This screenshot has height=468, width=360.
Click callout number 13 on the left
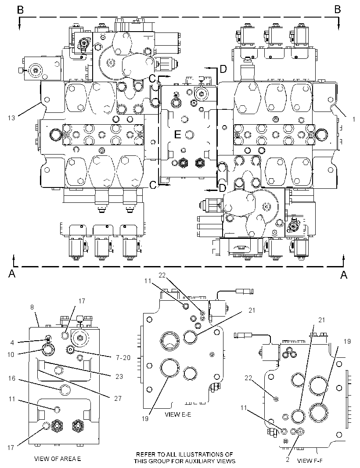(11, 118)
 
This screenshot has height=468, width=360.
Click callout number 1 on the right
(354, 119)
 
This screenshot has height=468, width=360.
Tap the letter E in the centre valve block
(178, 135)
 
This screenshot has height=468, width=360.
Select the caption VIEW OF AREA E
(58, 459)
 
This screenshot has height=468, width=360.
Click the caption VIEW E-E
(178, 414)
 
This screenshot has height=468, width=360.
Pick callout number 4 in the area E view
(12, 343)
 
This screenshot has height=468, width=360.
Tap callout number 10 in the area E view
(11, 355)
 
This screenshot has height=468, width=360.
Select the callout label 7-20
(122, 357)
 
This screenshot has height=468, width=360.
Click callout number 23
(119, 377)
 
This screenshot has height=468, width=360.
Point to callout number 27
(118, 399)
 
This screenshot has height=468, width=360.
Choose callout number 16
(12, 379)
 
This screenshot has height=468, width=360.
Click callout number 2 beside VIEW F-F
(288, 460)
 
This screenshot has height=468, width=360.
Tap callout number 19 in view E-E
(145, 419)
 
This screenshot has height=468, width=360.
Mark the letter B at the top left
(20, 10)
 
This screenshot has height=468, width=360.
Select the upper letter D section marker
(223, 69)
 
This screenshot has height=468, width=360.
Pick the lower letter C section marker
(152, 185)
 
